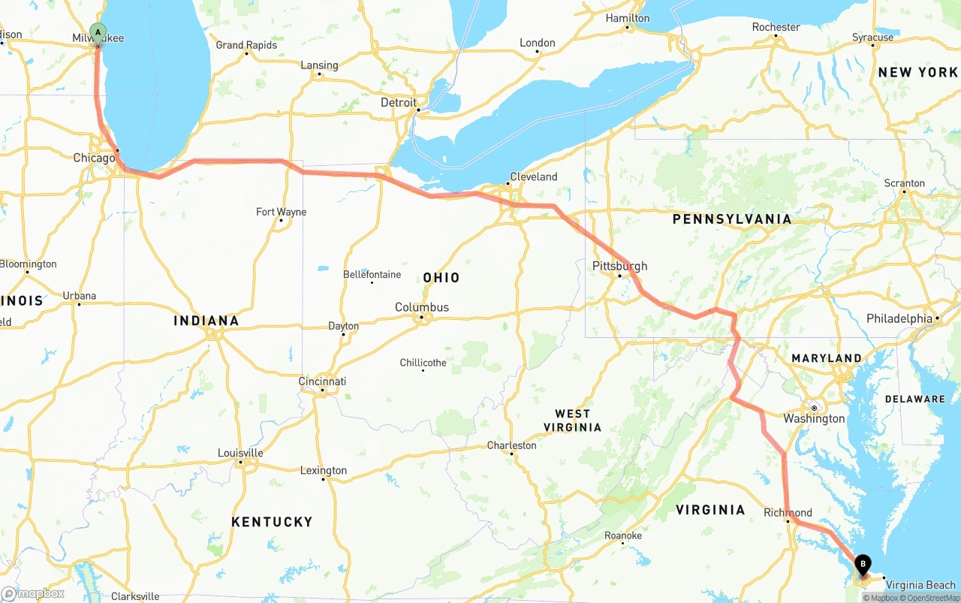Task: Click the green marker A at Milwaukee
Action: tap(98, 32)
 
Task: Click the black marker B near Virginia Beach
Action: tap(863, 564)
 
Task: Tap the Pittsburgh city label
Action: tap(619, 266)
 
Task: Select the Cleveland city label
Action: tap(533, 177)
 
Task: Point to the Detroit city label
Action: tap(398, 102)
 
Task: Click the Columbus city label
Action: tap(422, 307)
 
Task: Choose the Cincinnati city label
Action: tap(322, 381)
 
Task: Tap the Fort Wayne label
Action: tap(281, 212)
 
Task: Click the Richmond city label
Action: tap(788, 513)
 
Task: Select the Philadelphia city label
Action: tap(899, 318)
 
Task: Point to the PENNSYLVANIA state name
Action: tap(731, 219)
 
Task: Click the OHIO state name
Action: tap(441, 278)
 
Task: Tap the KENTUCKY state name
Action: tap(272, 522)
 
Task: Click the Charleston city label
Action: tap(511, 445)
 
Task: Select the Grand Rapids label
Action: tap(246, 45)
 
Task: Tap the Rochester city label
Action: tap(776, 27)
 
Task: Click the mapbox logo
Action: tap(33, 593)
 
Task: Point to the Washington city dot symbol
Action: tap(813, 408)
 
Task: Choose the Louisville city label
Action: tap(240, 453)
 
